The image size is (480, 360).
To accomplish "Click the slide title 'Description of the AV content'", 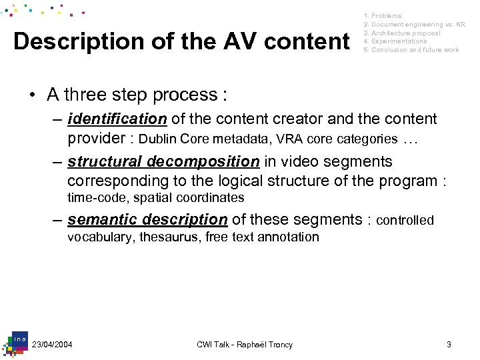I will tap(181, 41).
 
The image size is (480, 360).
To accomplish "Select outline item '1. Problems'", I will tap(383, 15).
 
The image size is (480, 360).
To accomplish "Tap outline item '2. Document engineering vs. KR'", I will tap(414, 24).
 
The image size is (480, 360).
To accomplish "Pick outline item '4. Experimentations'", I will tap(395, 41).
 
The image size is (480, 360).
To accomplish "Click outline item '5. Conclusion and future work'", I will tap(411, 50).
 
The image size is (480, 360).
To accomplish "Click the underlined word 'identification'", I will tap(117, 119).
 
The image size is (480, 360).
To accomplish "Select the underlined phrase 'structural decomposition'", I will tap(163, 162).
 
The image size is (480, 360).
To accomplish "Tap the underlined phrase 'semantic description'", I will tap(147, 219).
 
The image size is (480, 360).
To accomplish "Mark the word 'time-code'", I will tap(93, 198).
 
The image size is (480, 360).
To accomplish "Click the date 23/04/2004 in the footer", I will tap(52, 344).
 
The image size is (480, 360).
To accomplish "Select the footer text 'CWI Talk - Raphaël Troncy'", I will tap(245, 344).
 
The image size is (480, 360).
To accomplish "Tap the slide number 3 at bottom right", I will tap(449, 344).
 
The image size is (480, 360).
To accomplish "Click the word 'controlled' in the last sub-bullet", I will tap(405, 221).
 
